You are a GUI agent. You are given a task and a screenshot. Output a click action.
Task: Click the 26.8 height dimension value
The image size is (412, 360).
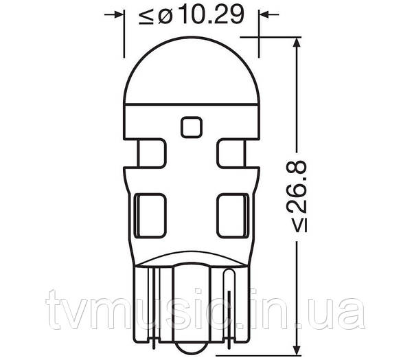(297, 187)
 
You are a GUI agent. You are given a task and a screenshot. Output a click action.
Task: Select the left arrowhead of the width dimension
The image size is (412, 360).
(119, 14)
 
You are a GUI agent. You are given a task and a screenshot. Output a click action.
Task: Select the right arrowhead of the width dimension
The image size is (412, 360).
(264, 14)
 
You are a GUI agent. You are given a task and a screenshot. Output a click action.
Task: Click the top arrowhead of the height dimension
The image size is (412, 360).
(297, 43)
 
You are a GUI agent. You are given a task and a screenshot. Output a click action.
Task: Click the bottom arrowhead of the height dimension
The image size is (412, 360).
(297, 349)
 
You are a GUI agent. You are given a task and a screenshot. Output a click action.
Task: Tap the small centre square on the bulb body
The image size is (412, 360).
(192, 127)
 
